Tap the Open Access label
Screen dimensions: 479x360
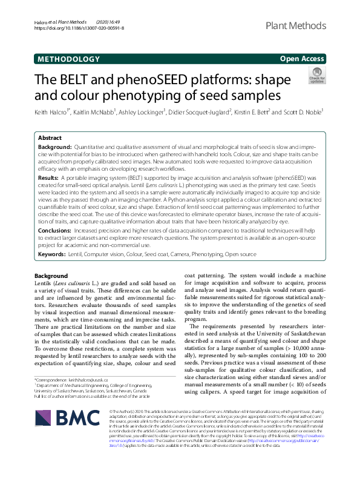click(x=302, y=59)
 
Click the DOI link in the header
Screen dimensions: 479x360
click(x=80, y=28)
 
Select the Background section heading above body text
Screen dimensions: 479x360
click(x=51, y=276)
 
